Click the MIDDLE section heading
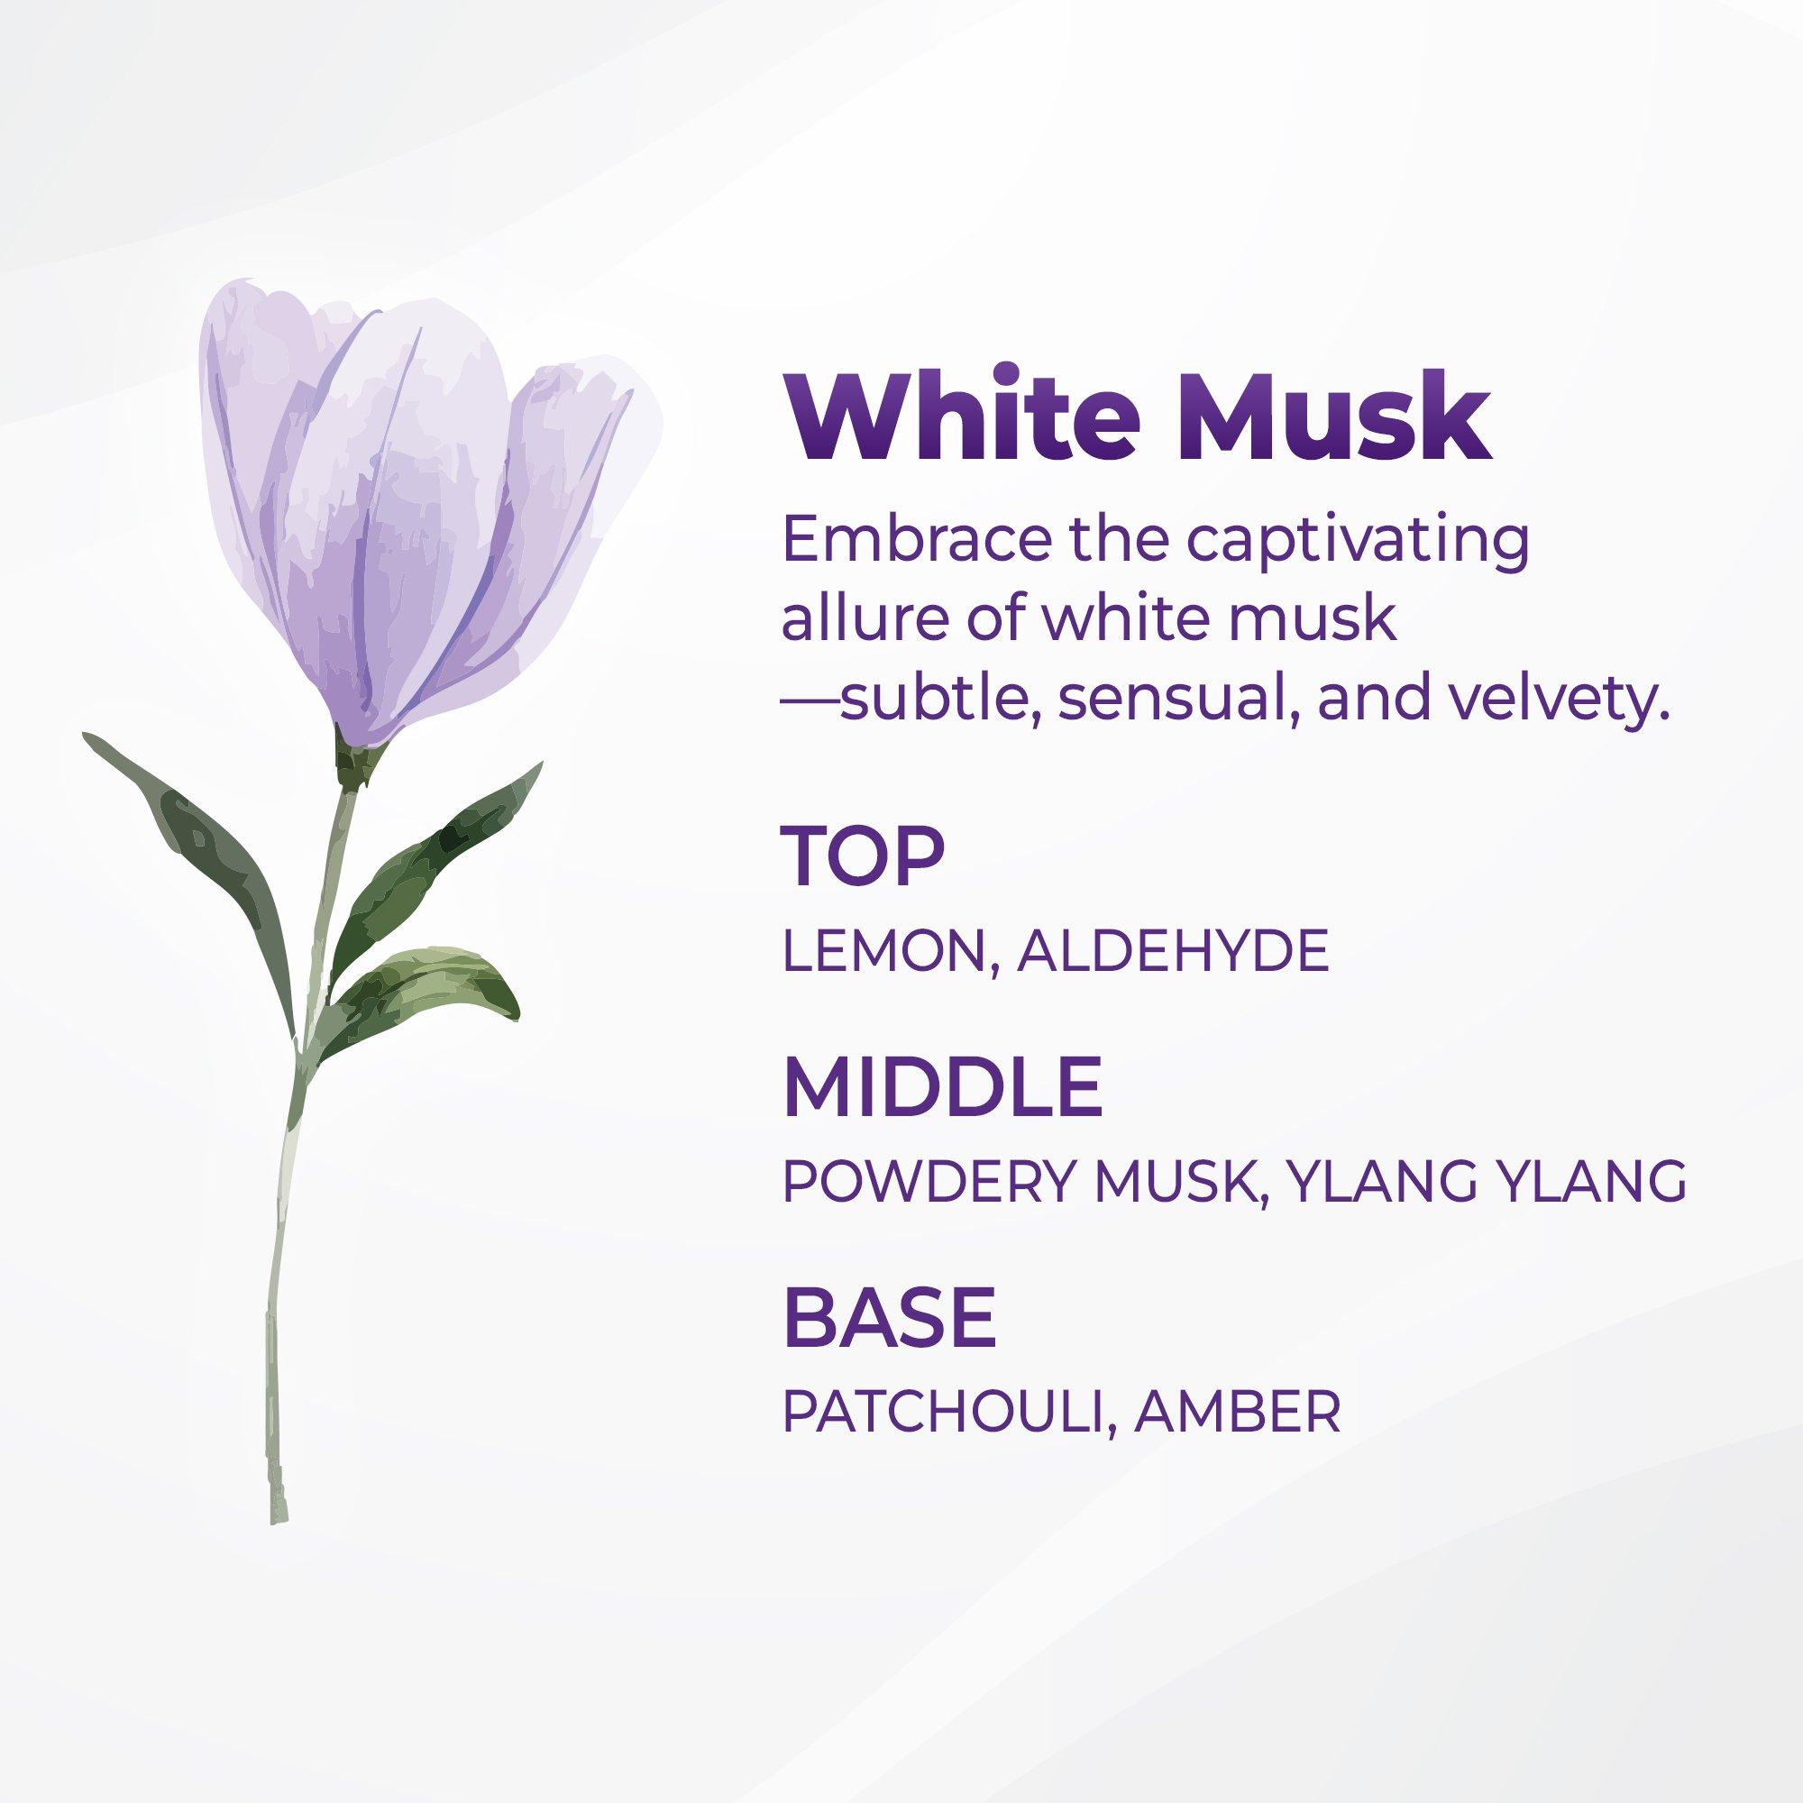point(943,1087)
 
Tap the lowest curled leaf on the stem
point(420,993)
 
